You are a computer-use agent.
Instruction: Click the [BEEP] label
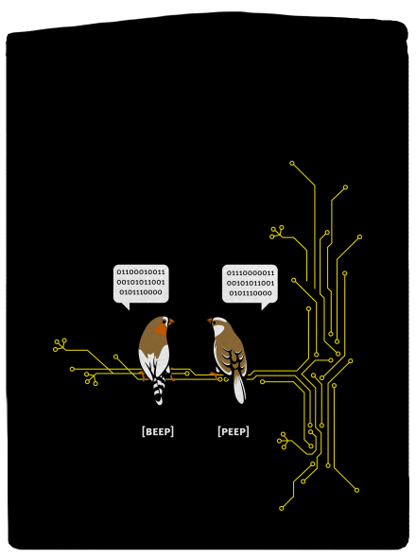point(158,431)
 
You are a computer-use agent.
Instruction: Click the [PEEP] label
point(234,431)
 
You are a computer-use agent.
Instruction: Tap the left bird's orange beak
point(171,323)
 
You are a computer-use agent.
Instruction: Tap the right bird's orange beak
point(210,321)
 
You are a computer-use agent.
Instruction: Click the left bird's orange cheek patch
point(162,329)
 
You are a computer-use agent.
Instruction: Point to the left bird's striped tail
point(159,390)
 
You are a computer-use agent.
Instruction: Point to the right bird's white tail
point(239,387)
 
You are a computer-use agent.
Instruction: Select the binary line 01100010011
point(141,272)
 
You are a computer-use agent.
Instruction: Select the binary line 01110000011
point(251,273)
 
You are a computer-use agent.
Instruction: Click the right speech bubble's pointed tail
point(265,305)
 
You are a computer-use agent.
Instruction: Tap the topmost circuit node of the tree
point(292,164)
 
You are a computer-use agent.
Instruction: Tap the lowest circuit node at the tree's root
point(282,508)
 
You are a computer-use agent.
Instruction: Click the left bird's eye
point(165,322)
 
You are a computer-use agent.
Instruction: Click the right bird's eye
point(215,323)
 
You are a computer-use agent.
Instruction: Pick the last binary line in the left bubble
point(141,292)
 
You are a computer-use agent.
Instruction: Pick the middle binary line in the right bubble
point(251,284)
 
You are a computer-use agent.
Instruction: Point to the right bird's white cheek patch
point(218,330)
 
